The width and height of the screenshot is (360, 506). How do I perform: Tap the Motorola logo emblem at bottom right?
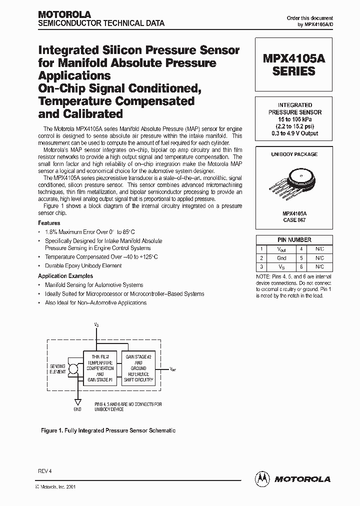(262, 478)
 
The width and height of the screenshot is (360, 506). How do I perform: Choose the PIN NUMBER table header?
(294, 239)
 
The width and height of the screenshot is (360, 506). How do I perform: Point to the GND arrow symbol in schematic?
(77, 401)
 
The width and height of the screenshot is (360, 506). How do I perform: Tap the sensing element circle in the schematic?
(73, 369)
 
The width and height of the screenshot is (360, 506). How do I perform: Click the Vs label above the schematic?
(96, 325)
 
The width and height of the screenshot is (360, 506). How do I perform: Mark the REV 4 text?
(44, 471)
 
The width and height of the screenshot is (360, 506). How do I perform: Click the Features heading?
(49, 223)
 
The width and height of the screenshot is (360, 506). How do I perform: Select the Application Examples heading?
(65, 276)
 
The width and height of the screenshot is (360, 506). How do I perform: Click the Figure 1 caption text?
(107, 430)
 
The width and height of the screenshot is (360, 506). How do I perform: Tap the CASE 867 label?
(294, 219)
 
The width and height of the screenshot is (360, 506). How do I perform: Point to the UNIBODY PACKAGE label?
(294, 154)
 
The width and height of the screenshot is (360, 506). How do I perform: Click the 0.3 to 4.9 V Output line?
(294, 133)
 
